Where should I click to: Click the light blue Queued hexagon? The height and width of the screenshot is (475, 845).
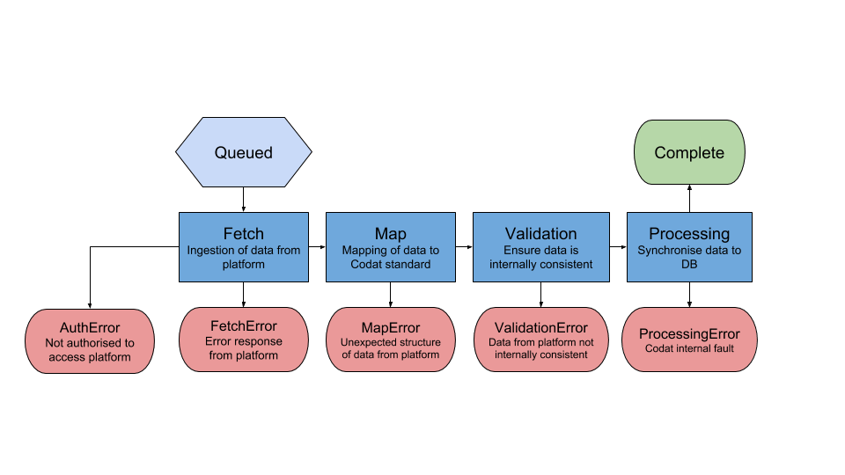pos(244,152)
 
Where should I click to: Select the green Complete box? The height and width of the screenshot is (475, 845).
pos(689,152)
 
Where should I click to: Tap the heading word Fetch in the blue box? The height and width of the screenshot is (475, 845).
pos(244,233)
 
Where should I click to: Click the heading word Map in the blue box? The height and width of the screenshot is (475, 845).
pos(391,233)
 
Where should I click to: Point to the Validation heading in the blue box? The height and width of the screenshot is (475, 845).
pos(540,233)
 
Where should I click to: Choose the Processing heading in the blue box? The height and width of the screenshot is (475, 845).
pos(689,233)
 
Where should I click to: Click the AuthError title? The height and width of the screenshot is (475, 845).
pos(90,328)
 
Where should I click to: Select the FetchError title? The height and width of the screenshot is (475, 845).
pos(244,326)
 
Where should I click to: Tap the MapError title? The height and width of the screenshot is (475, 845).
pos(391,327)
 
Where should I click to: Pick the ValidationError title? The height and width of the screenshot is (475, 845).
pos(540,327)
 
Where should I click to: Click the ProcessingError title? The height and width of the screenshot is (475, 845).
pos(689,333)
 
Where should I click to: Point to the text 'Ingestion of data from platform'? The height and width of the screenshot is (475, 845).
pos(244,257)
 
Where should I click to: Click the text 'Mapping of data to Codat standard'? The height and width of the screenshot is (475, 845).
pos(391,257)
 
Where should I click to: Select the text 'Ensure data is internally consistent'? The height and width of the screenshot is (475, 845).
pos(540,257)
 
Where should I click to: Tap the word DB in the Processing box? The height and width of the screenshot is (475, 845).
pos(689,264)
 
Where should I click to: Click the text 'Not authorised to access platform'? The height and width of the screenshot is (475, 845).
pos(90,350)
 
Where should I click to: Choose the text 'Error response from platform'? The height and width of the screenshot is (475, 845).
pos(244,348)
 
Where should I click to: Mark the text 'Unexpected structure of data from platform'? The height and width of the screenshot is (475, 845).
pos(391,348)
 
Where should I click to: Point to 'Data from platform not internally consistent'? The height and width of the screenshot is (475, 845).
pos(540,348)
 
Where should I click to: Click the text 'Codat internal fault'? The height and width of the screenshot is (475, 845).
pos(689,349)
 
